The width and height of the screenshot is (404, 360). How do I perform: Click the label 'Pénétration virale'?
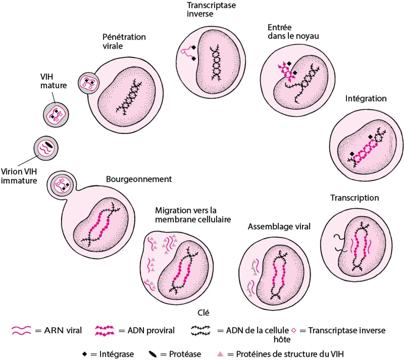(124, 41)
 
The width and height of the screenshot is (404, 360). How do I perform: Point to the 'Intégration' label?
(366, 99)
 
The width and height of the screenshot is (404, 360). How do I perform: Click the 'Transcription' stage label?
(354, 198)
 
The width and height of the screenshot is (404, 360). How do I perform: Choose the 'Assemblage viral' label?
(279, 227)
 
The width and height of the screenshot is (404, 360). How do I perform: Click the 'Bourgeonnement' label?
(139, 179)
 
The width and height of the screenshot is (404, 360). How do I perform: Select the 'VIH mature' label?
(53, 81)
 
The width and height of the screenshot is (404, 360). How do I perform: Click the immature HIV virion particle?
(46, 148)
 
